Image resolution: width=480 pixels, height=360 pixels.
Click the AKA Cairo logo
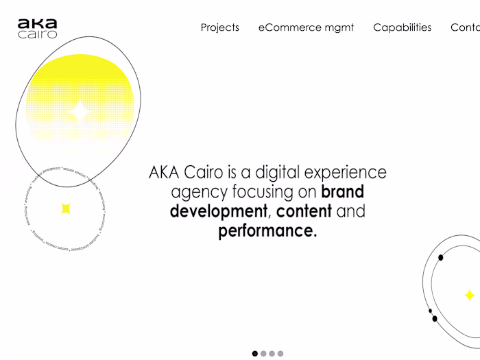point(38,29)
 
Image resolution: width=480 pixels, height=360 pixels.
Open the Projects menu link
point(220,27)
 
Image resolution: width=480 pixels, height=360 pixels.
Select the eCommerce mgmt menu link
point(307,27)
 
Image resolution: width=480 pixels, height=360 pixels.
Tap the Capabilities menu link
point(403,27)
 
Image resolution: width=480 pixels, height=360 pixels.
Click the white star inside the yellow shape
point(80,111)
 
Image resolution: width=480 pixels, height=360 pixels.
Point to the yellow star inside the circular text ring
point(66,208)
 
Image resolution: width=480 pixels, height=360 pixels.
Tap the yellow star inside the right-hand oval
point(470,296)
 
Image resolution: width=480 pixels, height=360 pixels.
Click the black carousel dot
point(255,354)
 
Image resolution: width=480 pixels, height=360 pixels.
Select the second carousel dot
point(263,354)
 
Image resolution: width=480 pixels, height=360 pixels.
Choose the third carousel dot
point(272,354)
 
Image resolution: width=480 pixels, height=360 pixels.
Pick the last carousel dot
point(280,354)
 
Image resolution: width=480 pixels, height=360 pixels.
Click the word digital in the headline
point(278,172)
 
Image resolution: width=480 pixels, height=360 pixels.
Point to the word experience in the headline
point(346,172)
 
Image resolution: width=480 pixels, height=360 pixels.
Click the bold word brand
point(342,191)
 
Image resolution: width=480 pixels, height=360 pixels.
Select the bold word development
point(219,211)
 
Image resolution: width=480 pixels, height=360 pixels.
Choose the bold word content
point(304,211)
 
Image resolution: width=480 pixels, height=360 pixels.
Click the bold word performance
point(267,231)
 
